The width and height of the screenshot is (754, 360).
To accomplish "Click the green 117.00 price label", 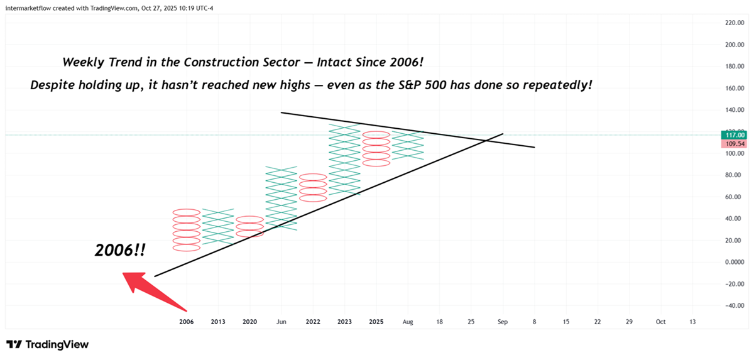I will click(x=735, y=134).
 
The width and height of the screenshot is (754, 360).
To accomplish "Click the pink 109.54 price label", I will click(x=735, y=144).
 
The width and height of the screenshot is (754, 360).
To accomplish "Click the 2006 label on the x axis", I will click(x=186, y=322).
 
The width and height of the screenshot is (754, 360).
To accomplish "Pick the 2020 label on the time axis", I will click(x=249, y=322).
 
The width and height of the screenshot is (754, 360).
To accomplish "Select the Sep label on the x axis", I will click(x=503, y=322).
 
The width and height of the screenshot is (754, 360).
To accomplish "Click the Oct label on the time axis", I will click(x=660, y=322).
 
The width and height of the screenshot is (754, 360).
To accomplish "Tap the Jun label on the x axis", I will click(x=281, y=322).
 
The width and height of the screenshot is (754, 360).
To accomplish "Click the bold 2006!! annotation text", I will click(x=120, y=250).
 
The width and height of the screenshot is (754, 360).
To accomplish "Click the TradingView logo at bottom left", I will click(x=48, y=344).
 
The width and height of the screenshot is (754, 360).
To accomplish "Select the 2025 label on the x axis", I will click(x=376, y=322).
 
